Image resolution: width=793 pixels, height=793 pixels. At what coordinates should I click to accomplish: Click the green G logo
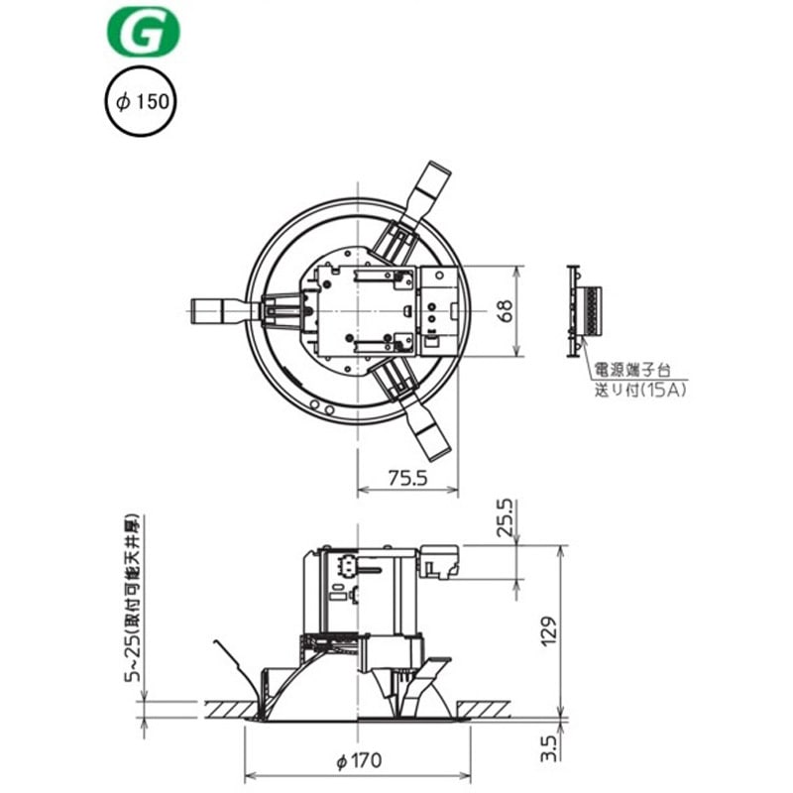[x=144, y=32]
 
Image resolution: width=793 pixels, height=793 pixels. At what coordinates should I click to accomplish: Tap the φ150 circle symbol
[x=141, y=102]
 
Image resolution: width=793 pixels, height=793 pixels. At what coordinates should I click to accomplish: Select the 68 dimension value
[x=505, y=310]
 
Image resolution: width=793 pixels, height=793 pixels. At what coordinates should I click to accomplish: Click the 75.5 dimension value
[x=407, y=478]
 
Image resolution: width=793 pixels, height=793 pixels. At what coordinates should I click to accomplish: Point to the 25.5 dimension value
[x=505, y=517]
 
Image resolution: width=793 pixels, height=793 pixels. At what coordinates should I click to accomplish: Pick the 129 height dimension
[x=548, y=630]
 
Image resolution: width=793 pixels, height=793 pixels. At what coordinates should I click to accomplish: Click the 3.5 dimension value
[x=548, y=748]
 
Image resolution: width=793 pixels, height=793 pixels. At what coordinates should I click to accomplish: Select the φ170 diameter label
[x=360, y=760]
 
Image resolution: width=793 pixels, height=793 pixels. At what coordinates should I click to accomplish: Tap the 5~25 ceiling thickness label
[x=133, y=599]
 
